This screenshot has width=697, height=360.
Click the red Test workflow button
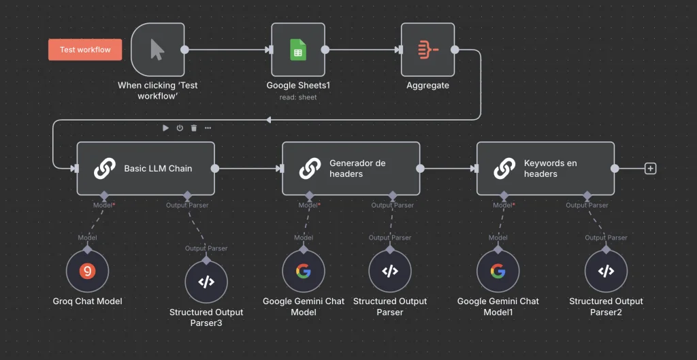point(85,50)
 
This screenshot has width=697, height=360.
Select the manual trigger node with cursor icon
point(157,50)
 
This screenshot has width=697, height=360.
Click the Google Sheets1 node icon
point(298,50)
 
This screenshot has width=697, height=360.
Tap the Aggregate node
point(427,50)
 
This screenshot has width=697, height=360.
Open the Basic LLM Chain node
point(146,169)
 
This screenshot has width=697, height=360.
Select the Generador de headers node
point(351,169)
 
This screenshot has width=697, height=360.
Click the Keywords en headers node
point(545,169)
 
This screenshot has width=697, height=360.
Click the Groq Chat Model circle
point(87,272)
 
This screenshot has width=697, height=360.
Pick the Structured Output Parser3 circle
point(206,281)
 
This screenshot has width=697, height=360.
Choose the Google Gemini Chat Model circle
point(303,272)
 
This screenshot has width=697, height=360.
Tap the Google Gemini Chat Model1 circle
point(498,272)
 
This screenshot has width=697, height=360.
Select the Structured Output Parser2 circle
point(606,272)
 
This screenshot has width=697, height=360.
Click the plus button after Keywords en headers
point(650,169)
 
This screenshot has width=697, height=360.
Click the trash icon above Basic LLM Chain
point(194,128)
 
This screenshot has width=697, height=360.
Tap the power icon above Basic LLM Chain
point(180,128)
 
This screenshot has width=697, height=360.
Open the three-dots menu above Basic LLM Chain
point(208,128)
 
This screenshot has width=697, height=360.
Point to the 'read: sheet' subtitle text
point(298,97)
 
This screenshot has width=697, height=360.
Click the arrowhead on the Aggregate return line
point(268,120)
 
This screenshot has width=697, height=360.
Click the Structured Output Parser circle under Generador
point(389,272)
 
